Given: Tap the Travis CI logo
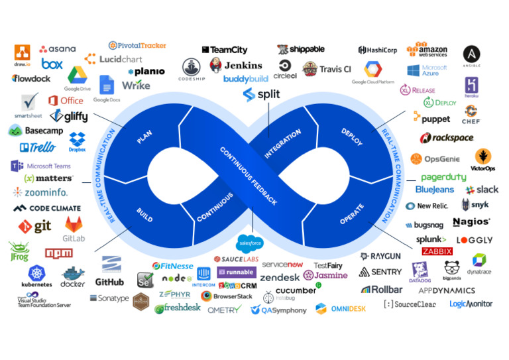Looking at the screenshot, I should pyautogui.click(x=327, y=68).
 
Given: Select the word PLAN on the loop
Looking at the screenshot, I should pyautogui.click(x=144, y=137).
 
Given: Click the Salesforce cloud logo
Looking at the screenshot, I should pyautogui.click(x=251, y=243).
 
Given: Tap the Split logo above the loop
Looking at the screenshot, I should pyautogui.click(x=261, y=94).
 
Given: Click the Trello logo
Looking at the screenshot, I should pyautogui.click(x=38, y=147).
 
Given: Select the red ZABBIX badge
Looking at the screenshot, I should pyautogui.click(x=437, y=251).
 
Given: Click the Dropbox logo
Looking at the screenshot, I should pyautogui.click(x=77, y=141).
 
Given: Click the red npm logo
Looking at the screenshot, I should pyautogui.click(x=59, y=253).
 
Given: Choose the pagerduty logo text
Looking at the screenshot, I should pyautogui.click(x=443, y=177).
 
